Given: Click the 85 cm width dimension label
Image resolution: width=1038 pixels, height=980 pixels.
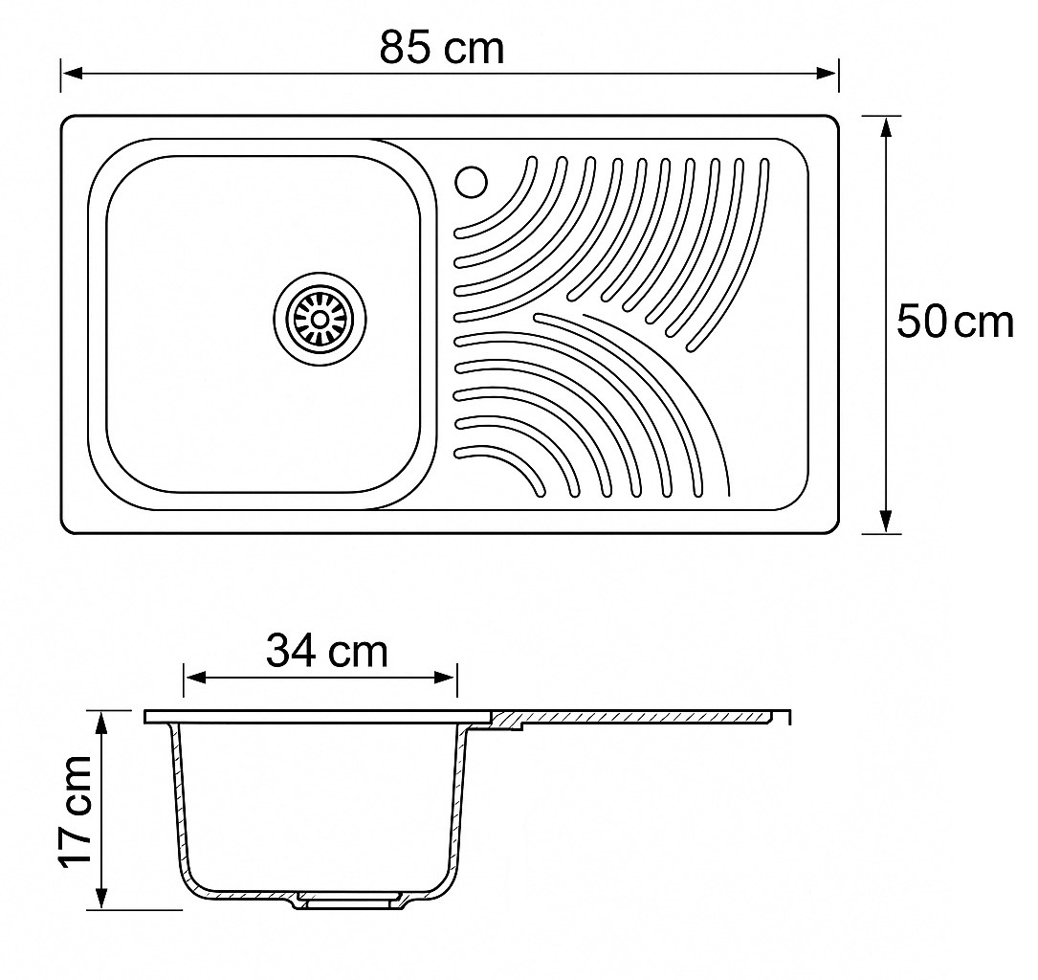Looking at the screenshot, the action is pos(442,49).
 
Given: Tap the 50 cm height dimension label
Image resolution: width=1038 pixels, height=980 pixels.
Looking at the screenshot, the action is pos(955,322).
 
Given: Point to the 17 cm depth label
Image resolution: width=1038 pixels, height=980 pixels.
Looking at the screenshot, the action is pos(75,812).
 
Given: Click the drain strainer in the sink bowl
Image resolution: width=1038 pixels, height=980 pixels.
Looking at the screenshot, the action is pos(320,319).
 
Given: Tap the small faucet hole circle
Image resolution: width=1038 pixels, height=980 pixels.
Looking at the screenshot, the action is pos(472,181).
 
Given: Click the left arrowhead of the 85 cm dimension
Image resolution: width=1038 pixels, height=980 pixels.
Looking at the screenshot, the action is pos(72,73).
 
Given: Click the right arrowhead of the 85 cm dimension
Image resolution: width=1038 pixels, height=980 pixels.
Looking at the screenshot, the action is pos(828,73).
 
